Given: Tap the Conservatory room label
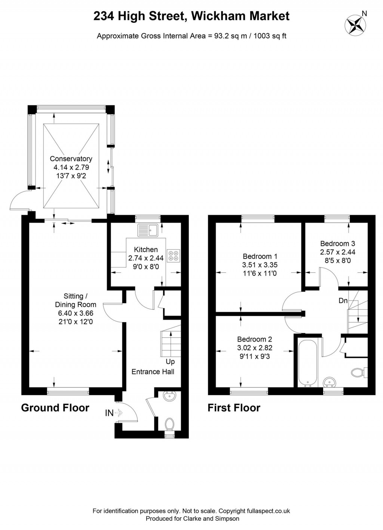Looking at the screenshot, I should (x=71, y=159).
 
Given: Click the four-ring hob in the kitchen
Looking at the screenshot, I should (x=174, y=255).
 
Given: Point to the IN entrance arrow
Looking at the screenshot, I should (x=118, y=413).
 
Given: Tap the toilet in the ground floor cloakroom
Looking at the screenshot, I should (x=169, y=424).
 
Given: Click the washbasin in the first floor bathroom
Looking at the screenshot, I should (x=330, y=382).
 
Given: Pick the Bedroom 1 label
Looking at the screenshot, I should (x=260, y=256).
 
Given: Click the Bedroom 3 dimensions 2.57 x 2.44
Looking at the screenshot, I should (x=337, y=252).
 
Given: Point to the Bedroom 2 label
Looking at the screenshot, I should (x=254, y=339).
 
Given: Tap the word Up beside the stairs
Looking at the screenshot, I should (x=170, y=362).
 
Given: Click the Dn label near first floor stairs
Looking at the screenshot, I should (x=343, y=301).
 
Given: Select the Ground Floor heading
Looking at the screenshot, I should (x=55, y=408).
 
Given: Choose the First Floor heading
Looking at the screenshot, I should (x=234, y=408).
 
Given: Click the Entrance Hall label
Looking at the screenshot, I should (x=153, y=371).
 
